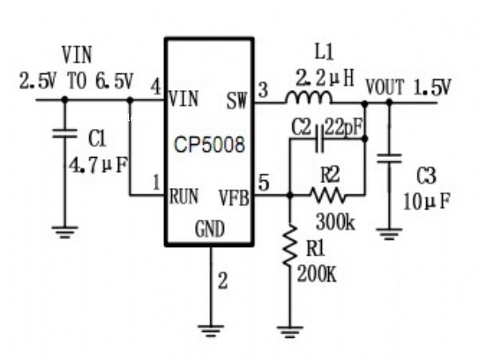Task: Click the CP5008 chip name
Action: point(210,147)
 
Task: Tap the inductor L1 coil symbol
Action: point(309,99)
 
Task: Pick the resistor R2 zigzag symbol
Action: point(327,194)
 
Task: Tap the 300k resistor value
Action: point(335,221)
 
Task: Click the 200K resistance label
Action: point(316,274)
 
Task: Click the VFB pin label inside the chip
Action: point(233,194)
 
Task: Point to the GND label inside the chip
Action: point(210,229)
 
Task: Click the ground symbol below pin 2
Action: point(211,329)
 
